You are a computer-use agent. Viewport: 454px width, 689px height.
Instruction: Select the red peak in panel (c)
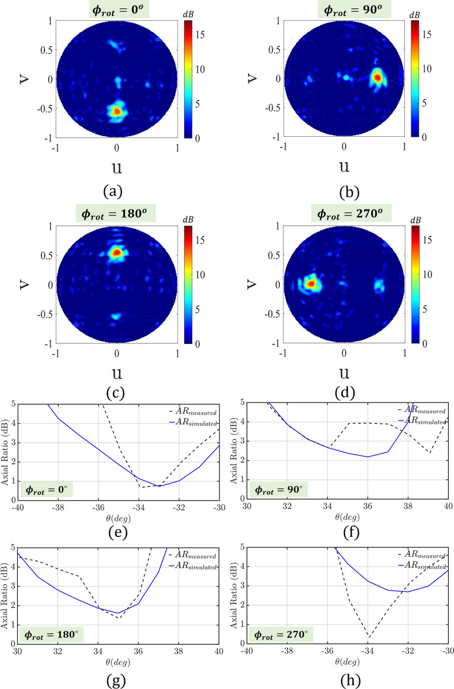tap(117, 253)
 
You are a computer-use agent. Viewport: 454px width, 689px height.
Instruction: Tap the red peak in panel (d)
tap(310, 284)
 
